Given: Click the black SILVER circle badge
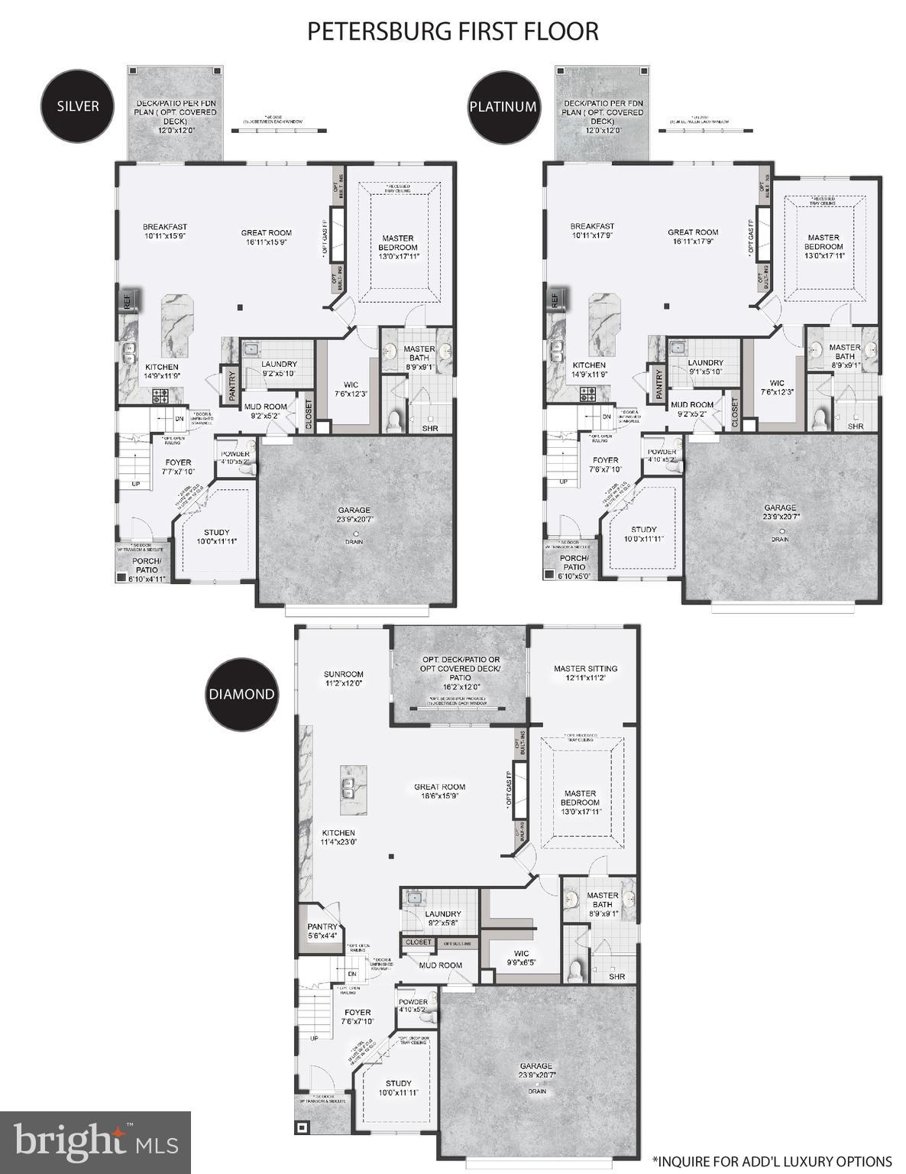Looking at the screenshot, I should click(78, 105).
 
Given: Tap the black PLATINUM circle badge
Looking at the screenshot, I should click(503, 107).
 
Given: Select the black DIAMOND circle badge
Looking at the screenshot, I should click(241, 694).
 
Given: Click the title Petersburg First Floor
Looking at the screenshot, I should click(452, 31).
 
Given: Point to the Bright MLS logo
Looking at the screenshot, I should click(95, 1142).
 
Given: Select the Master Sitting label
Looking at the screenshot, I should click(585, 673).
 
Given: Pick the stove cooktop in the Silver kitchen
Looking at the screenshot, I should click(161, 395).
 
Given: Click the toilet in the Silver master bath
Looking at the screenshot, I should click(394, 420).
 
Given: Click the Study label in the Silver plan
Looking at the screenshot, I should click(216, 537).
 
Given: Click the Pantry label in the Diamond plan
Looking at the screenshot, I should click(322, 930).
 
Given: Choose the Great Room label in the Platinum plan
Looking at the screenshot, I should click(693, 237).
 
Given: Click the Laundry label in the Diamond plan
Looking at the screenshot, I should click(442, 918).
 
